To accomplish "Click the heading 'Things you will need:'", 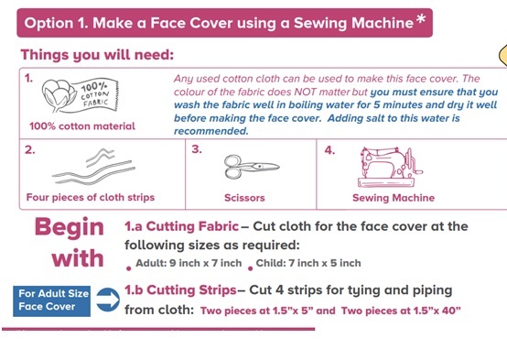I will (x=97, y=55).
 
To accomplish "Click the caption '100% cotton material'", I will (x=82, y=125).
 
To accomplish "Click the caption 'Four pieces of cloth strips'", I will (x=91, y=197).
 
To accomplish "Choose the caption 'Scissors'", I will (x=245, y=197).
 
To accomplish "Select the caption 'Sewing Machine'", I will (x=394, y=197).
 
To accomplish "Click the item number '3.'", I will (x=197, y=149).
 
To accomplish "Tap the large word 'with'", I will (x=78, y=258).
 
